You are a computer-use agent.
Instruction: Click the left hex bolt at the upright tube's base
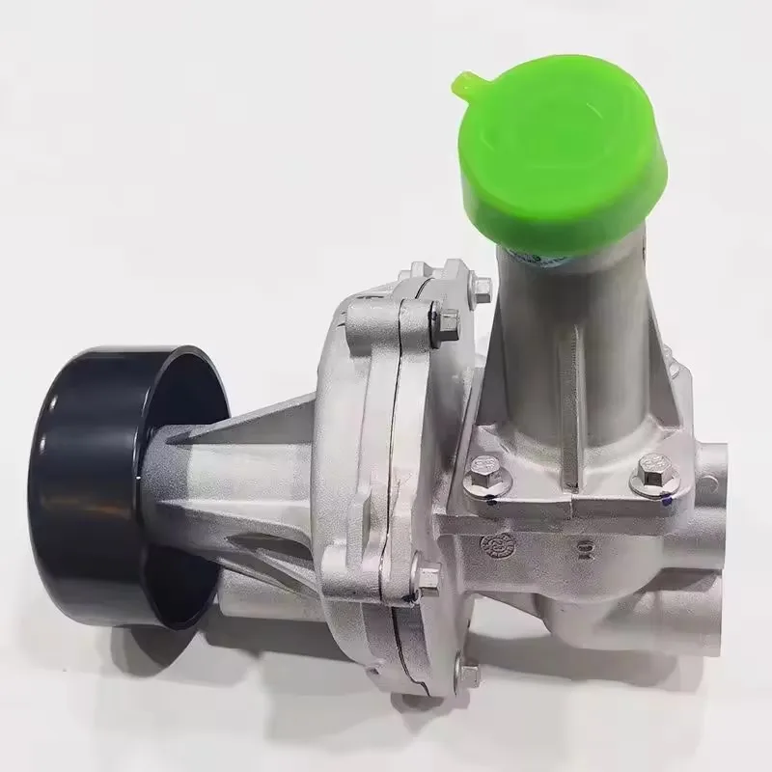pos(481,480)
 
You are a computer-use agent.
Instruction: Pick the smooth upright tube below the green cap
pos(560,338)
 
